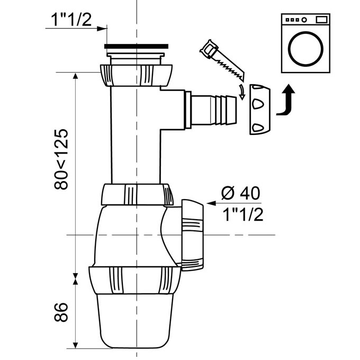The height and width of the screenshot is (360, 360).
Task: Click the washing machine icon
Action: point(306,43)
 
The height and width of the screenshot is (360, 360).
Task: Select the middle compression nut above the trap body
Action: point(137,194)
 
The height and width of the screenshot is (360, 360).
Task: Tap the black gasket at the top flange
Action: point(134,47)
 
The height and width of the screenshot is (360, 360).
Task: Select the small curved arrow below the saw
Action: point(242,92)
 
